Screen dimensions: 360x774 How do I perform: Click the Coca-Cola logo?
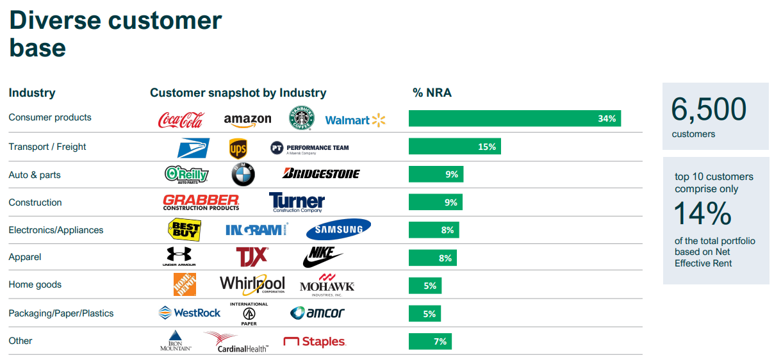point(181,120)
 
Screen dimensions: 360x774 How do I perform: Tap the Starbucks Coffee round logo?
point(301,119)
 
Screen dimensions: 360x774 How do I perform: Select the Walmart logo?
point(356,120)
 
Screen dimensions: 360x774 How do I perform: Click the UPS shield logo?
point(238,149)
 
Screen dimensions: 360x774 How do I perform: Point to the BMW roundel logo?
point(243,174)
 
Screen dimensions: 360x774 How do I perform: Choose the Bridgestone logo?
point(321,174)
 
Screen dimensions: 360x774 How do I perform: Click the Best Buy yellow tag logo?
point(184,229)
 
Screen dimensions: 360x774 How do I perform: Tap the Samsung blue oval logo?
point(338,229)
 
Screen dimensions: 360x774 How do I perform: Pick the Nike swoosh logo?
point(322,257)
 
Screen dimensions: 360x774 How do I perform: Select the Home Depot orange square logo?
point(185,284)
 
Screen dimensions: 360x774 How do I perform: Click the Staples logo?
point(315,342)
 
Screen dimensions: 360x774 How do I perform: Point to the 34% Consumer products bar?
point(515,119)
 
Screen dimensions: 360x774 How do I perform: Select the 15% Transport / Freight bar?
point(454,147)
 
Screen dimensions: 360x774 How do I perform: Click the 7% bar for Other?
point(429,341)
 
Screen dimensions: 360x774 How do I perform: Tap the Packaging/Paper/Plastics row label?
point(61,313)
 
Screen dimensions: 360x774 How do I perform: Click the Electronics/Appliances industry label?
point(56,230)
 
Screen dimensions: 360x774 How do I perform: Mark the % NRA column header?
point(432,93)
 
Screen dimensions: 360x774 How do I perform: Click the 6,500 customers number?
point(709,110)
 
